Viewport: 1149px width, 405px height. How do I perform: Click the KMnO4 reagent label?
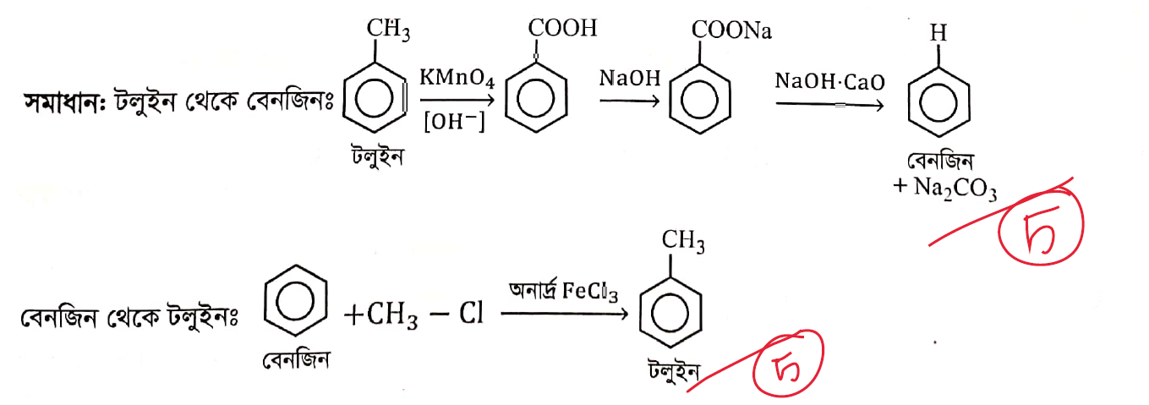tap(457, 78)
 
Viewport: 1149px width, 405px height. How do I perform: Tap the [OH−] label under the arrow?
tap(454, 122)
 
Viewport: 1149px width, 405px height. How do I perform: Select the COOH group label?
tap(563, 28)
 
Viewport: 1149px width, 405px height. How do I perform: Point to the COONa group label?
tap(731, 30)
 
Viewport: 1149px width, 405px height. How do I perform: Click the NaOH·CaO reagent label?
tap(829, 81)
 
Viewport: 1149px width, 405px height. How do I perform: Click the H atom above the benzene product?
tap(938, 33)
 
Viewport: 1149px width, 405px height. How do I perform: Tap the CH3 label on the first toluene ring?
tap(388, 29)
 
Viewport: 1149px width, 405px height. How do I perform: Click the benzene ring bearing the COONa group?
tap(700, 99)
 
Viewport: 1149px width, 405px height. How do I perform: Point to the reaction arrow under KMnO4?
tap(457, 100)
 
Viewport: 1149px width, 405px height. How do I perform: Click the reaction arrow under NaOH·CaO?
tap(830, 105)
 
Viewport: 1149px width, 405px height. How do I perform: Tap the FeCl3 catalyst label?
tap(590, 291)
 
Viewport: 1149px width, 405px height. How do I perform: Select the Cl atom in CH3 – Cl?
tap(471, 313)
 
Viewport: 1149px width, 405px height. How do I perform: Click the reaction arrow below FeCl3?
tap(564, 314)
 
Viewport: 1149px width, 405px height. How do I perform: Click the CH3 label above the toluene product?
tap(683, 240)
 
